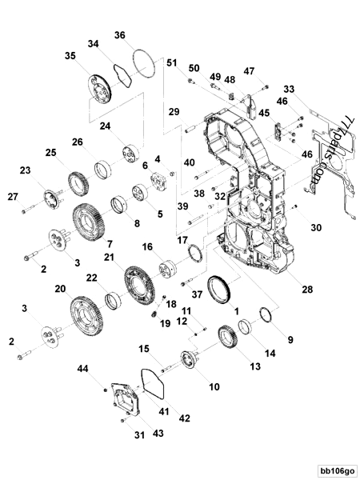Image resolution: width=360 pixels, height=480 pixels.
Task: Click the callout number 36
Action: (x=119, y=34)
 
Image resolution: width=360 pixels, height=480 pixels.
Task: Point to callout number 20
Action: (x=59, y=289)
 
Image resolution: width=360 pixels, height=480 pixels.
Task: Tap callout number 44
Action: (x=82, y=369)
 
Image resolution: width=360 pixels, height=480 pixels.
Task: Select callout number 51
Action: (x=171, y=62)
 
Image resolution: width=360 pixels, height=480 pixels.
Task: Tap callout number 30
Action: (x=316, y=228)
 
